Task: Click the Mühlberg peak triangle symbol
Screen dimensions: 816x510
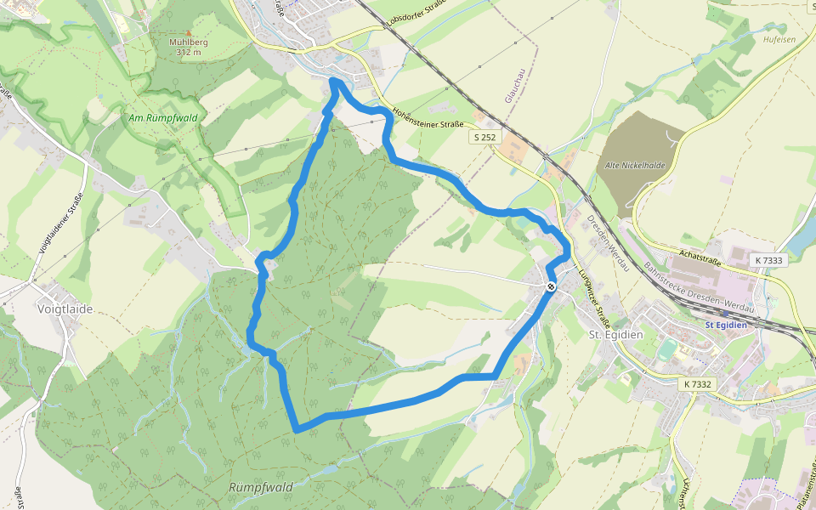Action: [x=189, y=32]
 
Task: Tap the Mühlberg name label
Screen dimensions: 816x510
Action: [x=189, y=42]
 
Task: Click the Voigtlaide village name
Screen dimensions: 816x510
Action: [x=65, y=309]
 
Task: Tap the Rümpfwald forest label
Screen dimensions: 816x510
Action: [x=261, y=487]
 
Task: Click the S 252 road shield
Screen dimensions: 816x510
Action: [x=484, y=136]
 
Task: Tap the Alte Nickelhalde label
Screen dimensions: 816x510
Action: [x=634, y=165]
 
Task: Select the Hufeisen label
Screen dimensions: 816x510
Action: [x=779, y=40]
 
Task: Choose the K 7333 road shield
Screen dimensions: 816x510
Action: [x=768, y=259]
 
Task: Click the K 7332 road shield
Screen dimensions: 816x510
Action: [x=697, y=384]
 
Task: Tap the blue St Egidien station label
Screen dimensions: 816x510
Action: [x=726, y=324]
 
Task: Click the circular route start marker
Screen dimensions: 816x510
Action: [x=551, y=286]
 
